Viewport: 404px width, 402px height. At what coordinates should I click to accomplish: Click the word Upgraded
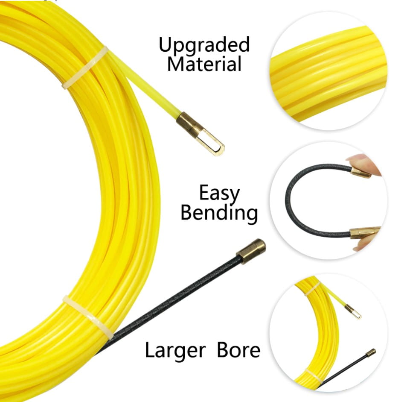[204, 45]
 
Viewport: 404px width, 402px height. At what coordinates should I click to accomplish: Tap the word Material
[204, 64]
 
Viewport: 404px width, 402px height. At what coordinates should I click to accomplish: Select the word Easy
[219, 194]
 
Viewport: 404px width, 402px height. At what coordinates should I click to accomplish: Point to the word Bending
[219, 213]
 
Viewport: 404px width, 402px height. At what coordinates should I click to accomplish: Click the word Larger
[175, 350]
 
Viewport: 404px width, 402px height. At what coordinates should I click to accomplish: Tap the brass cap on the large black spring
[251, 251]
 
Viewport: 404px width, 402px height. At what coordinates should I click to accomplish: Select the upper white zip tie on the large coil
[85, 67]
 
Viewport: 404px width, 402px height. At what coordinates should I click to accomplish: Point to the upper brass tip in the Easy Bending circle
[361, 172]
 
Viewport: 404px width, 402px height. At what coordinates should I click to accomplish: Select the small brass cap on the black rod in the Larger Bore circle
[371, 352]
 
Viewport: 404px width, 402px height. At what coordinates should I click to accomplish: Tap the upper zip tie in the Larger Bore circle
[312, 288]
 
